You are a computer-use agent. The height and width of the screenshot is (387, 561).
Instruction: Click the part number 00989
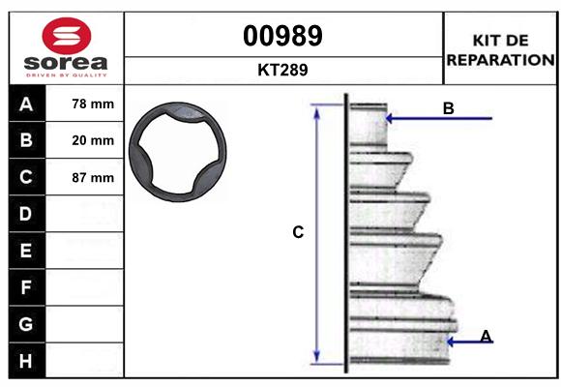pyautogui.click(x=282, y=37)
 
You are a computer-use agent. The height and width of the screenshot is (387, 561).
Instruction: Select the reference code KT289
pyautogui.click(x=282, y=70)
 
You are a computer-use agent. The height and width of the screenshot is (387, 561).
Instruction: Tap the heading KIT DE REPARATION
pyautogui.click(x=499, y=50)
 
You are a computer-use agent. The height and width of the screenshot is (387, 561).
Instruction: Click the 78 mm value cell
pyautogui.click(x=93, y=104)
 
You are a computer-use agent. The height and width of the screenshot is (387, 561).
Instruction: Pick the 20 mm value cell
pyautogui.click(x=93, y=140)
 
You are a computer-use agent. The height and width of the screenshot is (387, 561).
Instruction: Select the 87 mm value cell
pyautogui.click(x=93, y=178)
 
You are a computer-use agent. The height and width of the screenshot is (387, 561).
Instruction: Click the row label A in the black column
pyautogui.click(x=26, y=104)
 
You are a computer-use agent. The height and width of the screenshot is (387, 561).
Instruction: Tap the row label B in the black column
pyautogui.click(x=26, y=140)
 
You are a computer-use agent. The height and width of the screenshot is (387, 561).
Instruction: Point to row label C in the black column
pyautogui.click(x=26, y=177)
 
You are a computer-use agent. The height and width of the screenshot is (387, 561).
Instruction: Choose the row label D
pyautogui.click(x=26, y=214)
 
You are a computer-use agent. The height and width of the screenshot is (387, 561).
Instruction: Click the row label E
pyautogui.click(x=26, y=251)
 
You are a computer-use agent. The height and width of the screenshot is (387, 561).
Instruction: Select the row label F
pyautogui.click(x=26, y=287)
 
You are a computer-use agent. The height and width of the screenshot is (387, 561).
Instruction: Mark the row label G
pyautogui.click(x=26, y=324)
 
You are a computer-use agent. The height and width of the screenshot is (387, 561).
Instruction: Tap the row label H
pyautogui.click(x=26, y=361)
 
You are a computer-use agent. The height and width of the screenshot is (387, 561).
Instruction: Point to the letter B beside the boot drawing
pyautogui.click(x=448, y=108)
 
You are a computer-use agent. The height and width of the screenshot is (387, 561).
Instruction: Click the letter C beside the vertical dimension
pyautogui.click(x=298, y=232)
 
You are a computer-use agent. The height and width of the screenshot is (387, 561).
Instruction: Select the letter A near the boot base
pyautogui.click(x=486, y=336)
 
